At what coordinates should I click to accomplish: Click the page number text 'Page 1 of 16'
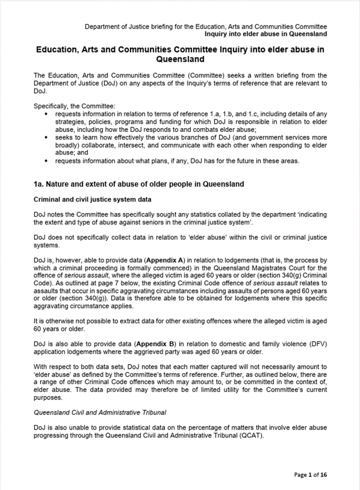[310, 474]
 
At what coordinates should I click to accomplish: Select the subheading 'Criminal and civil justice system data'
[92, 199]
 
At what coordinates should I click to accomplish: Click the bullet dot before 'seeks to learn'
[46, 137]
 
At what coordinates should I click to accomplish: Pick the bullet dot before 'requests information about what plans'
[46, 161]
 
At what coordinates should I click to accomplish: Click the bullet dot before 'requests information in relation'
[46, 113]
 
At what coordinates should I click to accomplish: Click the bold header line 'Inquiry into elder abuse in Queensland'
[265, 34]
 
